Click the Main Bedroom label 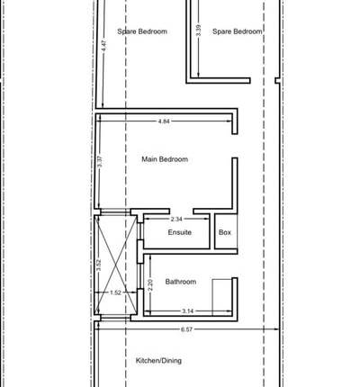165,159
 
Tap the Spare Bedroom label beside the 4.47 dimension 142,31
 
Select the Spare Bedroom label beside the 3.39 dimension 238,31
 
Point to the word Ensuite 179,232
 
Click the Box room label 225,232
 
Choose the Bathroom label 180,282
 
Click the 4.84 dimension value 164,121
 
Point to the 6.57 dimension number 186,329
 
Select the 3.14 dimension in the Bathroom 187,311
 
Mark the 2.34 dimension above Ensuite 176,219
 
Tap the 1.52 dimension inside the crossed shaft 115,292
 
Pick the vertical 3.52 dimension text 98,265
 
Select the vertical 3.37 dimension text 100,164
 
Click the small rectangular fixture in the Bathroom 222,294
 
